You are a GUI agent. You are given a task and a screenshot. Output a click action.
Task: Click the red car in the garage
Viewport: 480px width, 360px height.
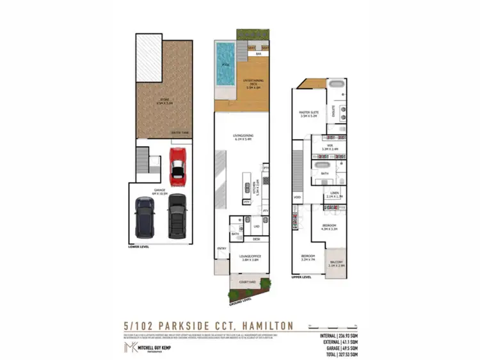(x=177, y=165)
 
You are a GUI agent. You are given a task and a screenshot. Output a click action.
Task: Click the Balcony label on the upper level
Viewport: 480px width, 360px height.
(x=337, y=263)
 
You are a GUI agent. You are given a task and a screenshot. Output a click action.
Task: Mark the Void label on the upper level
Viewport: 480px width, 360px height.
(x=297, y=197)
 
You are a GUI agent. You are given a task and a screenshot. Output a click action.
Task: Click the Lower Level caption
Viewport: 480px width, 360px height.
(x=139, y=246)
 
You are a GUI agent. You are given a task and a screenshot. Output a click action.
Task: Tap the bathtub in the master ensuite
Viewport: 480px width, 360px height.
(x=335, y=85)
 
